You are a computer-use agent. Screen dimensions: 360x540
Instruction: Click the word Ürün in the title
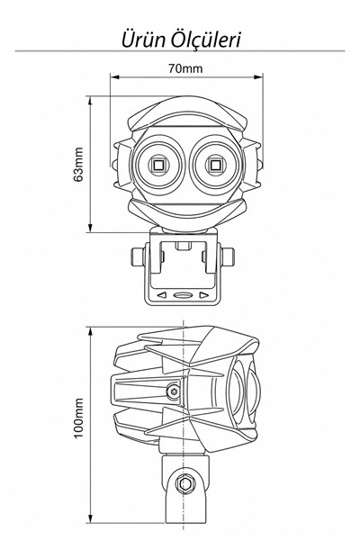click(144, 40)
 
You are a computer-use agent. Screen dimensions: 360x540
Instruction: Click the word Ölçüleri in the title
click(206, 40)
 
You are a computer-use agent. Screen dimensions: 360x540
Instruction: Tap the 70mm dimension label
click(185, 68)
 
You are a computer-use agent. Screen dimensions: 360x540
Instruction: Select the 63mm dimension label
click(78, 165)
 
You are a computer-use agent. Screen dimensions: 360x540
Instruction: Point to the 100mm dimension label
click(78, 418)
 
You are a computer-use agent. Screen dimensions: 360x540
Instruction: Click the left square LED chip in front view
click(158, 166)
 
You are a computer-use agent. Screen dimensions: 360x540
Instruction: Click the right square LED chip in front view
click(216, 166)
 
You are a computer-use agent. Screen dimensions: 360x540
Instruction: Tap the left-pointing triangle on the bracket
click(162, 295)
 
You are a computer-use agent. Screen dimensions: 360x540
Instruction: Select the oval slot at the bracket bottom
click(183, 295)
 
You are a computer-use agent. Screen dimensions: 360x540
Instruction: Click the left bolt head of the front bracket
click(137, 256)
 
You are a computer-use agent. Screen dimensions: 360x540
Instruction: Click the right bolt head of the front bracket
click(229, 256)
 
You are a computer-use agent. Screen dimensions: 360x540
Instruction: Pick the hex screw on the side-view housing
click(174, 391)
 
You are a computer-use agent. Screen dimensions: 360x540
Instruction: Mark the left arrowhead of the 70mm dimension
click(114, 76)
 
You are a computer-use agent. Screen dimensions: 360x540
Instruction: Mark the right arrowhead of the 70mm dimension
click(258, 76)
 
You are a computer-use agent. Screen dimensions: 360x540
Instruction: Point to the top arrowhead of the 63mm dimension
click(91, 101)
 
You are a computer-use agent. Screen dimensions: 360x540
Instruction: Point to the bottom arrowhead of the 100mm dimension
click(91, 518)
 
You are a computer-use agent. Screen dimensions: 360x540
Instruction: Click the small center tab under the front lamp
click(183, 246)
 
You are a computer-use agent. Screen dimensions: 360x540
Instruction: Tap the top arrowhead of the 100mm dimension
click(91, 332)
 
